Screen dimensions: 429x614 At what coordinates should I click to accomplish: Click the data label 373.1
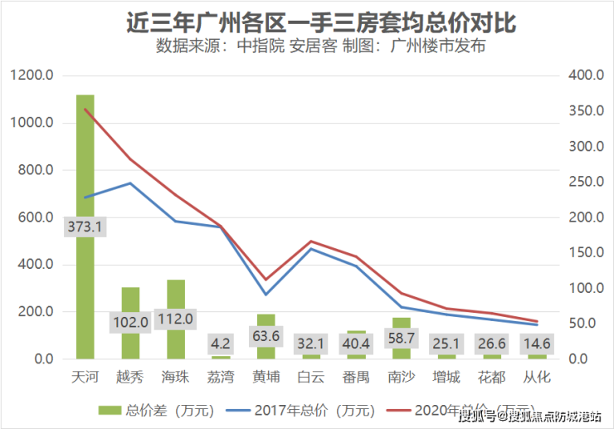tap(85, 226)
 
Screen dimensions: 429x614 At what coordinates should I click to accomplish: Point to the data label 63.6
tap(266, 336)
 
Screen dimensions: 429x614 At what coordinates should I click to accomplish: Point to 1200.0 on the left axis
tap(33, 76)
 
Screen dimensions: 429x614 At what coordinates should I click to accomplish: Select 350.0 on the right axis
tap(586, 111)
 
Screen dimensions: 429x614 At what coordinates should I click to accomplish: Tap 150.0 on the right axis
tap(586, 253)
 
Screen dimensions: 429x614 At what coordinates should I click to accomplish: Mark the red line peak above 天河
tap(85, 109)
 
